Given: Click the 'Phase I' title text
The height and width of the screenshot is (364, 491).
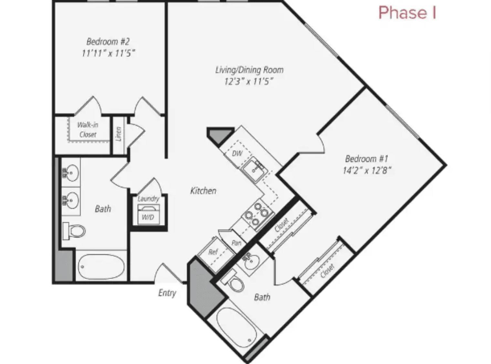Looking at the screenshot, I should pos(407,13).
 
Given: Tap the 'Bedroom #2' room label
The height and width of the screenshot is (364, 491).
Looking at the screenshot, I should pos(108,42).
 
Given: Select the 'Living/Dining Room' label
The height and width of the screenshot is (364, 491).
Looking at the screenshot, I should pos(249,70).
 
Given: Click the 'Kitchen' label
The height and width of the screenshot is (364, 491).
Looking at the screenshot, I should pos(203,191).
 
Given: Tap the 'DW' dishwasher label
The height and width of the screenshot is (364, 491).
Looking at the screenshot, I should pos(237,153).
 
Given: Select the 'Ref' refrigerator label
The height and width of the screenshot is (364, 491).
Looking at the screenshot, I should pos(213,252).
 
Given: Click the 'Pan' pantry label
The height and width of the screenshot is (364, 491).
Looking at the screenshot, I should pos(236,243).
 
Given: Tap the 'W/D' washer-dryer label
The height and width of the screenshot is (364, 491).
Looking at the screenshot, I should pos(148,217).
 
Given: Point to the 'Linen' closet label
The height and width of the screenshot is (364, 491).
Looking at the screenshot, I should pos(119,134).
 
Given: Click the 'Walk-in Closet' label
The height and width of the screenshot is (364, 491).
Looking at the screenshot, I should pos(88,130).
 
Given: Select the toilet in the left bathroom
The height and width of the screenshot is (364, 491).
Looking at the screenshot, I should pos(75,231).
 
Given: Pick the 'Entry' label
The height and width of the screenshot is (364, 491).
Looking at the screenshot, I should pos(167,293).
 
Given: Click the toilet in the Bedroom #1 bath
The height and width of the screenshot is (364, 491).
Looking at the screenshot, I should pos(235,283).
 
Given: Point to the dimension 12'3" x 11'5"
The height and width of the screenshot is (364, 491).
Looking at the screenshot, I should pos(249,81).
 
